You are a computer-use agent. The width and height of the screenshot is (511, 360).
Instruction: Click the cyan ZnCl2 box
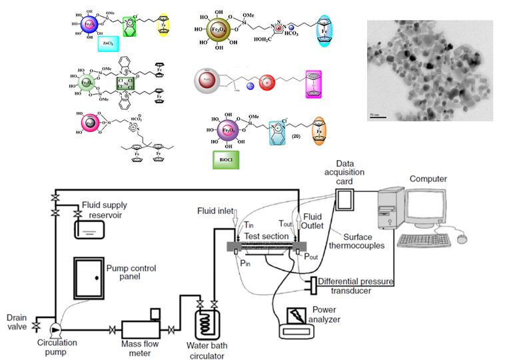107,44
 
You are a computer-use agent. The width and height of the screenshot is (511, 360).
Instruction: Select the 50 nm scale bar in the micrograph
377,117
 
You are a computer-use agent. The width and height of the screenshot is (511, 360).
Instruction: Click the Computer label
428,179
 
